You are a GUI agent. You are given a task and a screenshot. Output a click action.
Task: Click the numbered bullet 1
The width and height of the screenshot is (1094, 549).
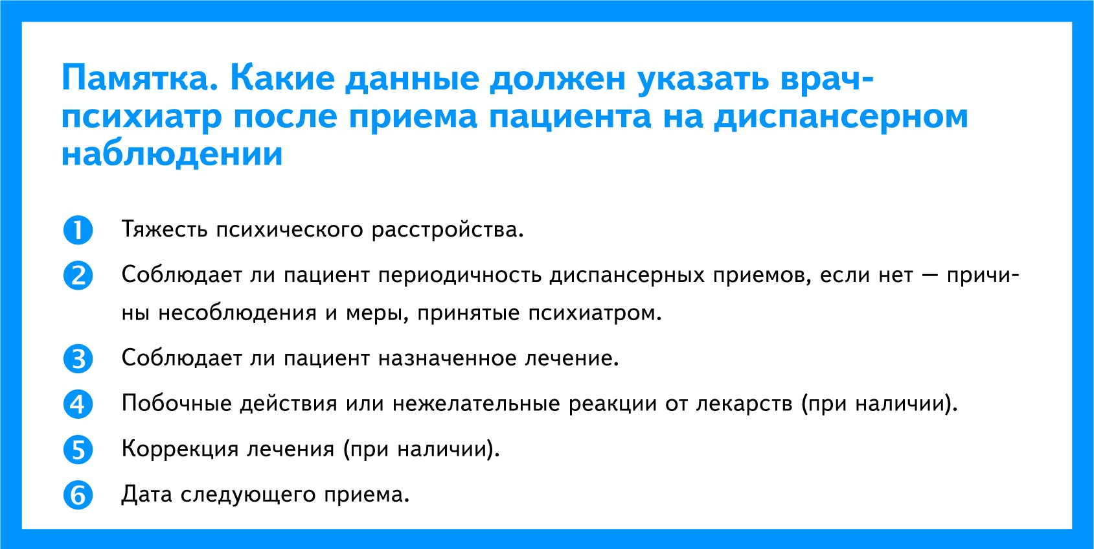pyautogui.click(x=78, y=229)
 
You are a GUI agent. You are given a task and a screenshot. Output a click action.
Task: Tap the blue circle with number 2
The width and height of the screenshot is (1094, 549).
pyautogui.click(x=78, y=275)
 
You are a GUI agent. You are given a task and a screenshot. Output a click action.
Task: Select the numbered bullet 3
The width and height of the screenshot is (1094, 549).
pyautogui.click(x=78, y=359)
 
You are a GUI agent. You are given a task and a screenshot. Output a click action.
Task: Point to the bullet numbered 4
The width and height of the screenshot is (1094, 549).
pyautogui.click(x=78, y=404)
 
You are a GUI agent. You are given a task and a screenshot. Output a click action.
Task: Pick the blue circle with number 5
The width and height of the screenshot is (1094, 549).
pyautogui.click(x=78, y=450)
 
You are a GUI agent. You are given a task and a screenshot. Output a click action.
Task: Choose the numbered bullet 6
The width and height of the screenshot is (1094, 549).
pyautogui.click(x=78, y=495)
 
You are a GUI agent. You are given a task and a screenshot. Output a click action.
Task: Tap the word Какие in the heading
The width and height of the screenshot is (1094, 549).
pyautogui.click(x=282, y=78)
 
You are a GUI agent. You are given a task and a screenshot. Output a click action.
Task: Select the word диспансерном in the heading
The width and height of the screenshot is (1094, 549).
pyautogui.click(x=841, y=117)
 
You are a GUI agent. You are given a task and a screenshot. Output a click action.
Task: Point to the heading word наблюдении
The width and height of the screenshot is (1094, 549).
pyautogui.click(x=172, y=155)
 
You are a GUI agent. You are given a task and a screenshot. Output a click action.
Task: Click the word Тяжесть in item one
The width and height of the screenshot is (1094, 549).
pyautogui.click(x=164, y=229)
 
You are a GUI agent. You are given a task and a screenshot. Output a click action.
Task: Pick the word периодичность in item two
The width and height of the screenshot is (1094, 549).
pyautogui.click(x=460, y=275)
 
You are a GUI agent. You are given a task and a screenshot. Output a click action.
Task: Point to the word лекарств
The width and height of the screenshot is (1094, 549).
pyautogui.click(x=744, y=404)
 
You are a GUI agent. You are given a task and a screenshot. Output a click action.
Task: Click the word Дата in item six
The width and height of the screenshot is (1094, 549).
pyautogui.click(x=147, y=495)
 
